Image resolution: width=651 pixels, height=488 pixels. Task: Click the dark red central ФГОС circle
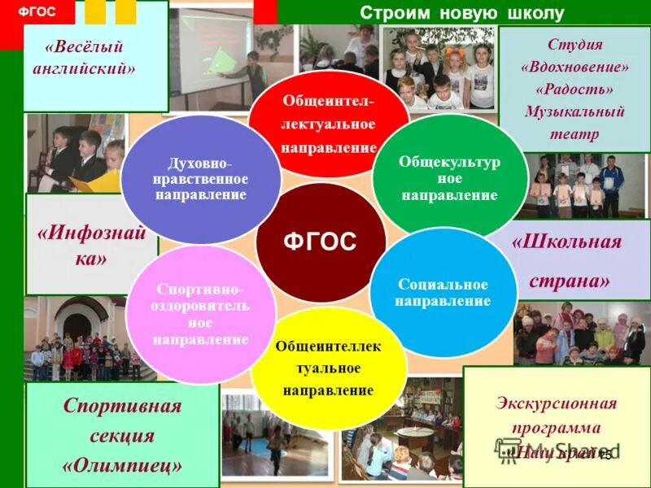pyautogui.click(x=320, y=242)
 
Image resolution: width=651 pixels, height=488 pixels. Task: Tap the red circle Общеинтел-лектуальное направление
pyautogui.click(x=329, y=124)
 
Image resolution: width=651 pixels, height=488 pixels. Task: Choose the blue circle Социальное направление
pyautogui.click(x=443, y=293)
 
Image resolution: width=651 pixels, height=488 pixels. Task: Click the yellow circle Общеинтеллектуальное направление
pyautogui.click(x=328, y=368)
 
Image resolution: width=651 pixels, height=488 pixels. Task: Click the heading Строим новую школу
pyautogui.click(x=461, y=14)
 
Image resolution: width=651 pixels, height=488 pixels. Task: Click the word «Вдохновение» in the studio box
pyautogui.click(x=574, y=66)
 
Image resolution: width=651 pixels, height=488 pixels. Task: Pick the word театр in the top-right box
pyautogui.click(x=574, y=134)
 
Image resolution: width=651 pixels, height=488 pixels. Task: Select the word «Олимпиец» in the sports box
pyautogui.click(x=122, y=464)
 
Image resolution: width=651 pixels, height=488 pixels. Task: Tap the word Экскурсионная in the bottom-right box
pyautogui.click(x=557, y=403)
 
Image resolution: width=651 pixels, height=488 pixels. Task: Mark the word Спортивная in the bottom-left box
pyautogui.click(x=122, y=406)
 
